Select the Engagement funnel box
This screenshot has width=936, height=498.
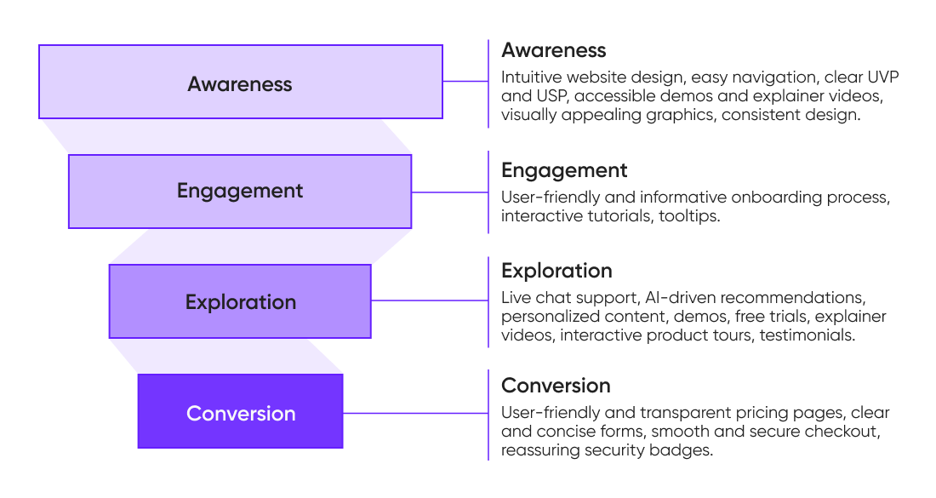[x=240, y=191]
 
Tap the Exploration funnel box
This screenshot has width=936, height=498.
[x=240, y=301]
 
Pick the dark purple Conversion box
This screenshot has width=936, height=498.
[x=240, y=412]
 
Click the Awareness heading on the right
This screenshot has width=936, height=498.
[x=553, y=49]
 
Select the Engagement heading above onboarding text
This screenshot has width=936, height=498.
[x=564, y=170]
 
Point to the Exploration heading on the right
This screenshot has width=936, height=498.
[x=556, y=271]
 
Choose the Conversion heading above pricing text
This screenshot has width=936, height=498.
[x=556, y=386]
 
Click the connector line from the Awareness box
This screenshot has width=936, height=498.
[x=465, y=82]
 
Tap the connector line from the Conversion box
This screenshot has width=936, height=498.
[x=414, y=413]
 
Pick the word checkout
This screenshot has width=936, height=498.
[x=845, y=432]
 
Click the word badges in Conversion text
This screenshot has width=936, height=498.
[x=685, y=450]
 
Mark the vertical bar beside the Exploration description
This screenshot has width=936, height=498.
[x=488, y=301]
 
